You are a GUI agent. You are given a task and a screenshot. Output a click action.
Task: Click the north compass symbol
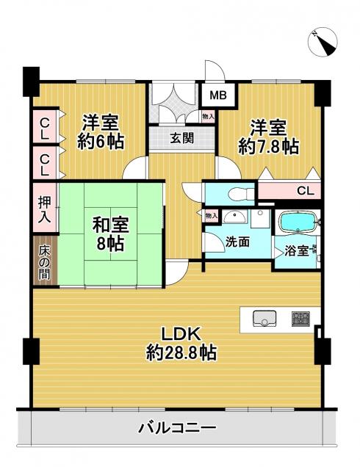323,42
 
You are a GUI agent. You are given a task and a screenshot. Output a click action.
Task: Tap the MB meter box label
218,95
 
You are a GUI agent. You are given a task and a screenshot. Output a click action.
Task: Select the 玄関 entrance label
181,138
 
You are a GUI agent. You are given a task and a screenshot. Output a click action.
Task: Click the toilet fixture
240,194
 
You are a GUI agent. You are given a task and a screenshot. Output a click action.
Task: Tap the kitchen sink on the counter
264,319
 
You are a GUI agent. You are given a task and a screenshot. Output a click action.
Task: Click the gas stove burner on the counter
300,319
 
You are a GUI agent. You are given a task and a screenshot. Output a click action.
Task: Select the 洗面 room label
237,242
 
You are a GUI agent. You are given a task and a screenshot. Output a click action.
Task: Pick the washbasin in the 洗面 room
235,217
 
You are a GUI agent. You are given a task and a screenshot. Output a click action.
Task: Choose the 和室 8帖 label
110,234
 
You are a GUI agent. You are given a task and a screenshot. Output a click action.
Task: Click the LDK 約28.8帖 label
181,344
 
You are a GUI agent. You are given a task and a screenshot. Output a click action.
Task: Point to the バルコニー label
177,428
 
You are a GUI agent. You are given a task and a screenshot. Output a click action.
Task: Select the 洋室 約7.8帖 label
268,137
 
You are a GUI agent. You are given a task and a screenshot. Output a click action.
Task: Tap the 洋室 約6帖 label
101,131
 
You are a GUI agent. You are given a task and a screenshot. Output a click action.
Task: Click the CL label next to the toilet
305,191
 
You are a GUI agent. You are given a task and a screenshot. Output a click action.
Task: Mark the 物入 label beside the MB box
208,117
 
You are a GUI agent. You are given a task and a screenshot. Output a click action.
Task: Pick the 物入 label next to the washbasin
212,215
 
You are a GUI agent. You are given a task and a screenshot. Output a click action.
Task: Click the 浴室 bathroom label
296,251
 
